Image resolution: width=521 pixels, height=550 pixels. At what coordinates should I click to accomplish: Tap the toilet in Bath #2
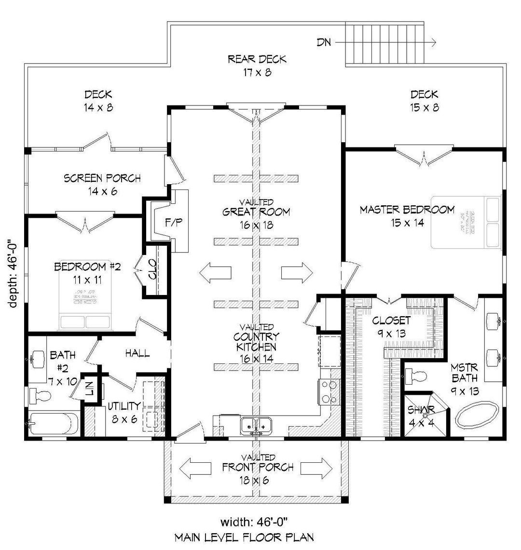tap(41, 397)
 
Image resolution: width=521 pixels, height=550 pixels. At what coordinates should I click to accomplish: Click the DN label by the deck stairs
tap(324, 42)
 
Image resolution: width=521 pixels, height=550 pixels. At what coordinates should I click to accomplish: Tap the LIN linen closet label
tap(90, 389)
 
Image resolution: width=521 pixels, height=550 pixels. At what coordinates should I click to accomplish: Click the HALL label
tap(137, 354)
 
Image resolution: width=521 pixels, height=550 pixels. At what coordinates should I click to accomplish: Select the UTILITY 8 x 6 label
tap(124, 412)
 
